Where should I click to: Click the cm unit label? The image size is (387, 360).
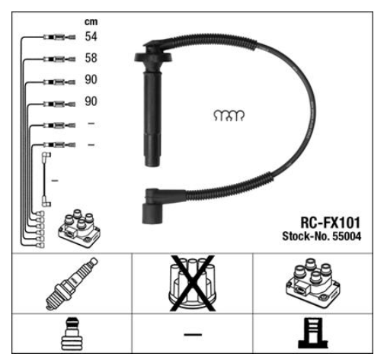91,22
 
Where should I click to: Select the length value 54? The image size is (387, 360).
91,37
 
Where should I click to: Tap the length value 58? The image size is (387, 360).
91,58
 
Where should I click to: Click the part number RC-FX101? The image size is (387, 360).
330,223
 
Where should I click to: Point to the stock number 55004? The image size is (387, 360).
347,236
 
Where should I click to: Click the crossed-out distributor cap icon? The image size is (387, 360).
193,283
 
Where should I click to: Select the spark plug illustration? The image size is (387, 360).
72,284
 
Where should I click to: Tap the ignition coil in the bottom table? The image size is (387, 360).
313,283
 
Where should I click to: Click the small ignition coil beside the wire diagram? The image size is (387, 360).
79,229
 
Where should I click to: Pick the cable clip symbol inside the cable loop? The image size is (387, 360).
229,116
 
